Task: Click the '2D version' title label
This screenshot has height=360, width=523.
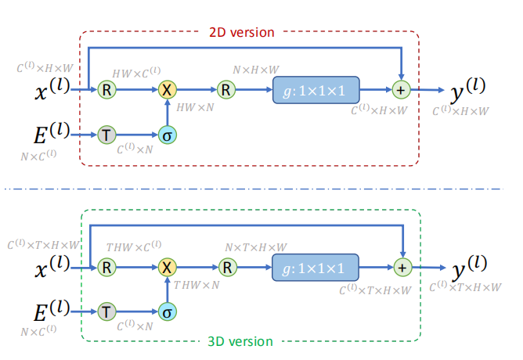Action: [x=241, y=33]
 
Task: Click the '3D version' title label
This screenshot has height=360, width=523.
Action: [x=241, y=341]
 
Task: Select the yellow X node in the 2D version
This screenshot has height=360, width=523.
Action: [x=166, y=89]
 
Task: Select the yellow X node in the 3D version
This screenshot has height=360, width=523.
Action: [x=166, y=267]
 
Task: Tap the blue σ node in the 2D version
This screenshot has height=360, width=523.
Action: [x=166, y=135]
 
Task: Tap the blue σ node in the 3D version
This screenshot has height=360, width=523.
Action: [x=166, y=312]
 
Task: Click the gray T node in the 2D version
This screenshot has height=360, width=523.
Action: [x=106, y=135]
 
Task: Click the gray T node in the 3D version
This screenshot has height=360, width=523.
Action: [x=106, y=312]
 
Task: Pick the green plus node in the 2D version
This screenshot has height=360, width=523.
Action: [x=402, y=89]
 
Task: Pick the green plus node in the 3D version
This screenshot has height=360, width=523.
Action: [x=402, y=267]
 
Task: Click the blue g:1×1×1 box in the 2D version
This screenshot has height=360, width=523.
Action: [x=316, y=90]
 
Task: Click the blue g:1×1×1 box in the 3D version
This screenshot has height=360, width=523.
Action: [x=316, y=268]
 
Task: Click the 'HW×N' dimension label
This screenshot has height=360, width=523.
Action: [x=196, y=105]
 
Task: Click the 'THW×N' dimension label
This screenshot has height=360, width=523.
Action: [x=197, y=282]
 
